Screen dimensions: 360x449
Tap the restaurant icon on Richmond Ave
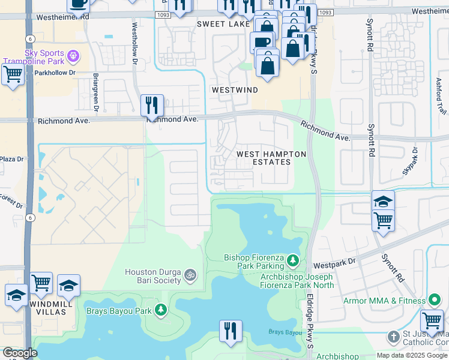pyautogui.click(x=152, y=106)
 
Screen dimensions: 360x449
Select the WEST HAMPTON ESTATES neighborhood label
pyautogui.click(x=271, y=158)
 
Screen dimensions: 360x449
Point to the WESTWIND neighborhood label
pyautogui.click(x=234, y=89)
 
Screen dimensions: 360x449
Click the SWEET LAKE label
pyautogui.click(x=223, y=25)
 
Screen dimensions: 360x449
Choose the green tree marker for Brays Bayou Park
pyautogui.click(x=160, y=310)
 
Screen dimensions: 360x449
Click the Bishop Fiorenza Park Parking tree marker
pyautogui.click(x=293, y=260)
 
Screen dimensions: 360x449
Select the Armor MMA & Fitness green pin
pyautogui.click(x=435, y=300)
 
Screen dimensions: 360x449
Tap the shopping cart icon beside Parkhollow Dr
pyautogui.click(x=12, y=75)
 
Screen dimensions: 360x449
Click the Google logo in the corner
pyautogui.click(x=20, y=353)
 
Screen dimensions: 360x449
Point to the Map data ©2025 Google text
pyautogui.click(x=412, y=355)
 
